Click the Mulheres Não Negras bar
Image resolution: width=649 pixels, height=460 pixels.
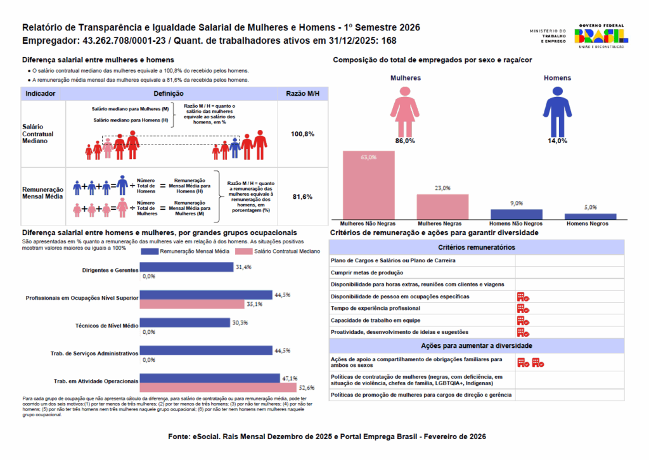368,185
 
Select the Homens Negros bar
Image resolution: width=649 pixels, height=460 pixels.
590,217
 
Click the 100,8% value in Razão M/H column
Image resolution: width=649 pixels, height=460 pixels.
302,134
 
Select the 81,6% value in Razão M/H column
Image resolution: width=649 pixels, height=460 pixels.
302,197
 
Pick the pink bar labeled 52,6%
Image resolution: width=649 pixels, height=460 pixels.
218,388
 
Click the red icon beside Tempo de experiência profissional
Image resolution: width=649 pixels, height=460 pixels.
523,309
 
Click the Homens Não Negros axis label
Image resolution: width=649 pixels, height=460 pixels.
516,224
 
